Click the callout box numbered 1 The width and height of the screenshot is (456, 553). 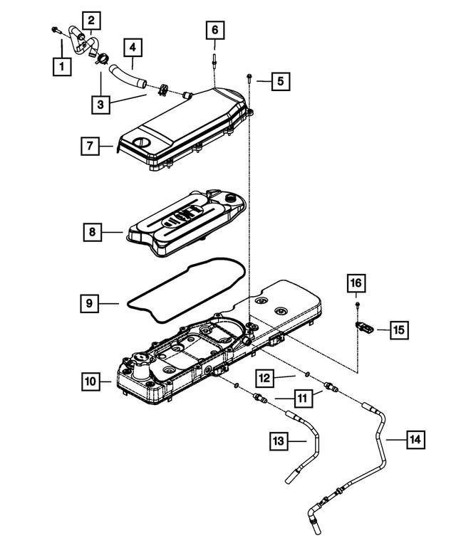pos(62,68)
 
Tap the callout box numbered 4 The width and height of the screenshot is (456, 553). pos(133,48)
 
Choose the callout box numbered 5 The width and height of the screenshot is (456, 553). pos(280,81)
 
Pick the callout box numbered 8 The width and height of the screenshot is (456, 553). pos(91,232)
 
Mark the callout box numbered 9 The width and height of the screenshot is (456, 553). pos(89,303)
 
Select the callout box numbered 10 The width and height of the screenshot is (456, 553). pos(90,382)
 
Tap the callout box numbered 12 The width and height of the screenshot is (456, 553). pos(265,375)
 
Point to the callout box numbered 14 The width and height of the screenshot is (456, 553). pos(415,440)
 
